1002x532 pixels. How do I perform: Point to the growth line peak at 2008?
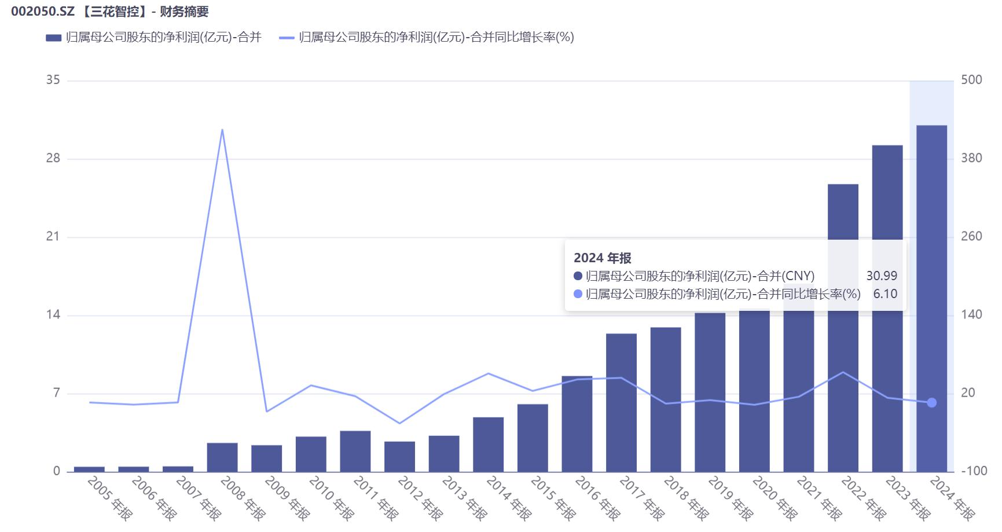point(222,130)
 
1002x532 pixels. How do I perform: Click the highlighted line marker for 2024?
point(931,402)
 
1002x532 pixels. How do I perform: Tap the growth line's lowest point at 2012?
point(399,423)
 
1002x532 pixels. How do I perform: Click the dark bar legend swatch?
point(53,38)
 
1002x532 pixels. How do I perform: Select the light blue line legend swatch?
point(287,38)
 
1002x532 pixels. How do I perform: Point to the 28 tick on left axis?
point(53,158)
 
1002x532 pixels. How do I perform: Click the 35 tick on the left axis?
point(53,80)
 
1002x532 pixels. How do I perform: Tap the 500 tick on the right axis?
point(971,80)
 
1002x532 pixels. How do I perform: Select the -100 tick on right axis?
point(974,471)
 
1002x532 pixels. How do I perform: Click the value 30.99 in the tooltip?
point(881,276)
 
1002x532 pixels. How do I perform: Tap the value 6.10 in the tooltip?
point(885,294)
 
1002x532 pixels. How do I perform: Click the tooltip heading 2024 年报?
point(602,258)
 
